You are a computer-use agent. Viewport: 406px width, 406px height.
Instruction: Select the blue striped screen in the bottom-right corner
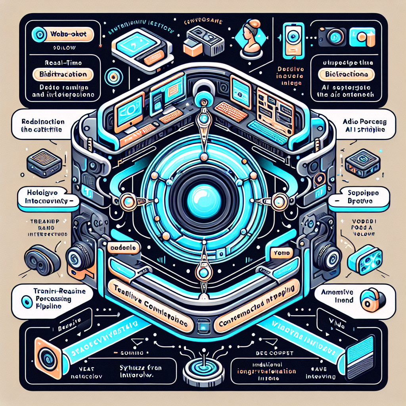tap(361, 352)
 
